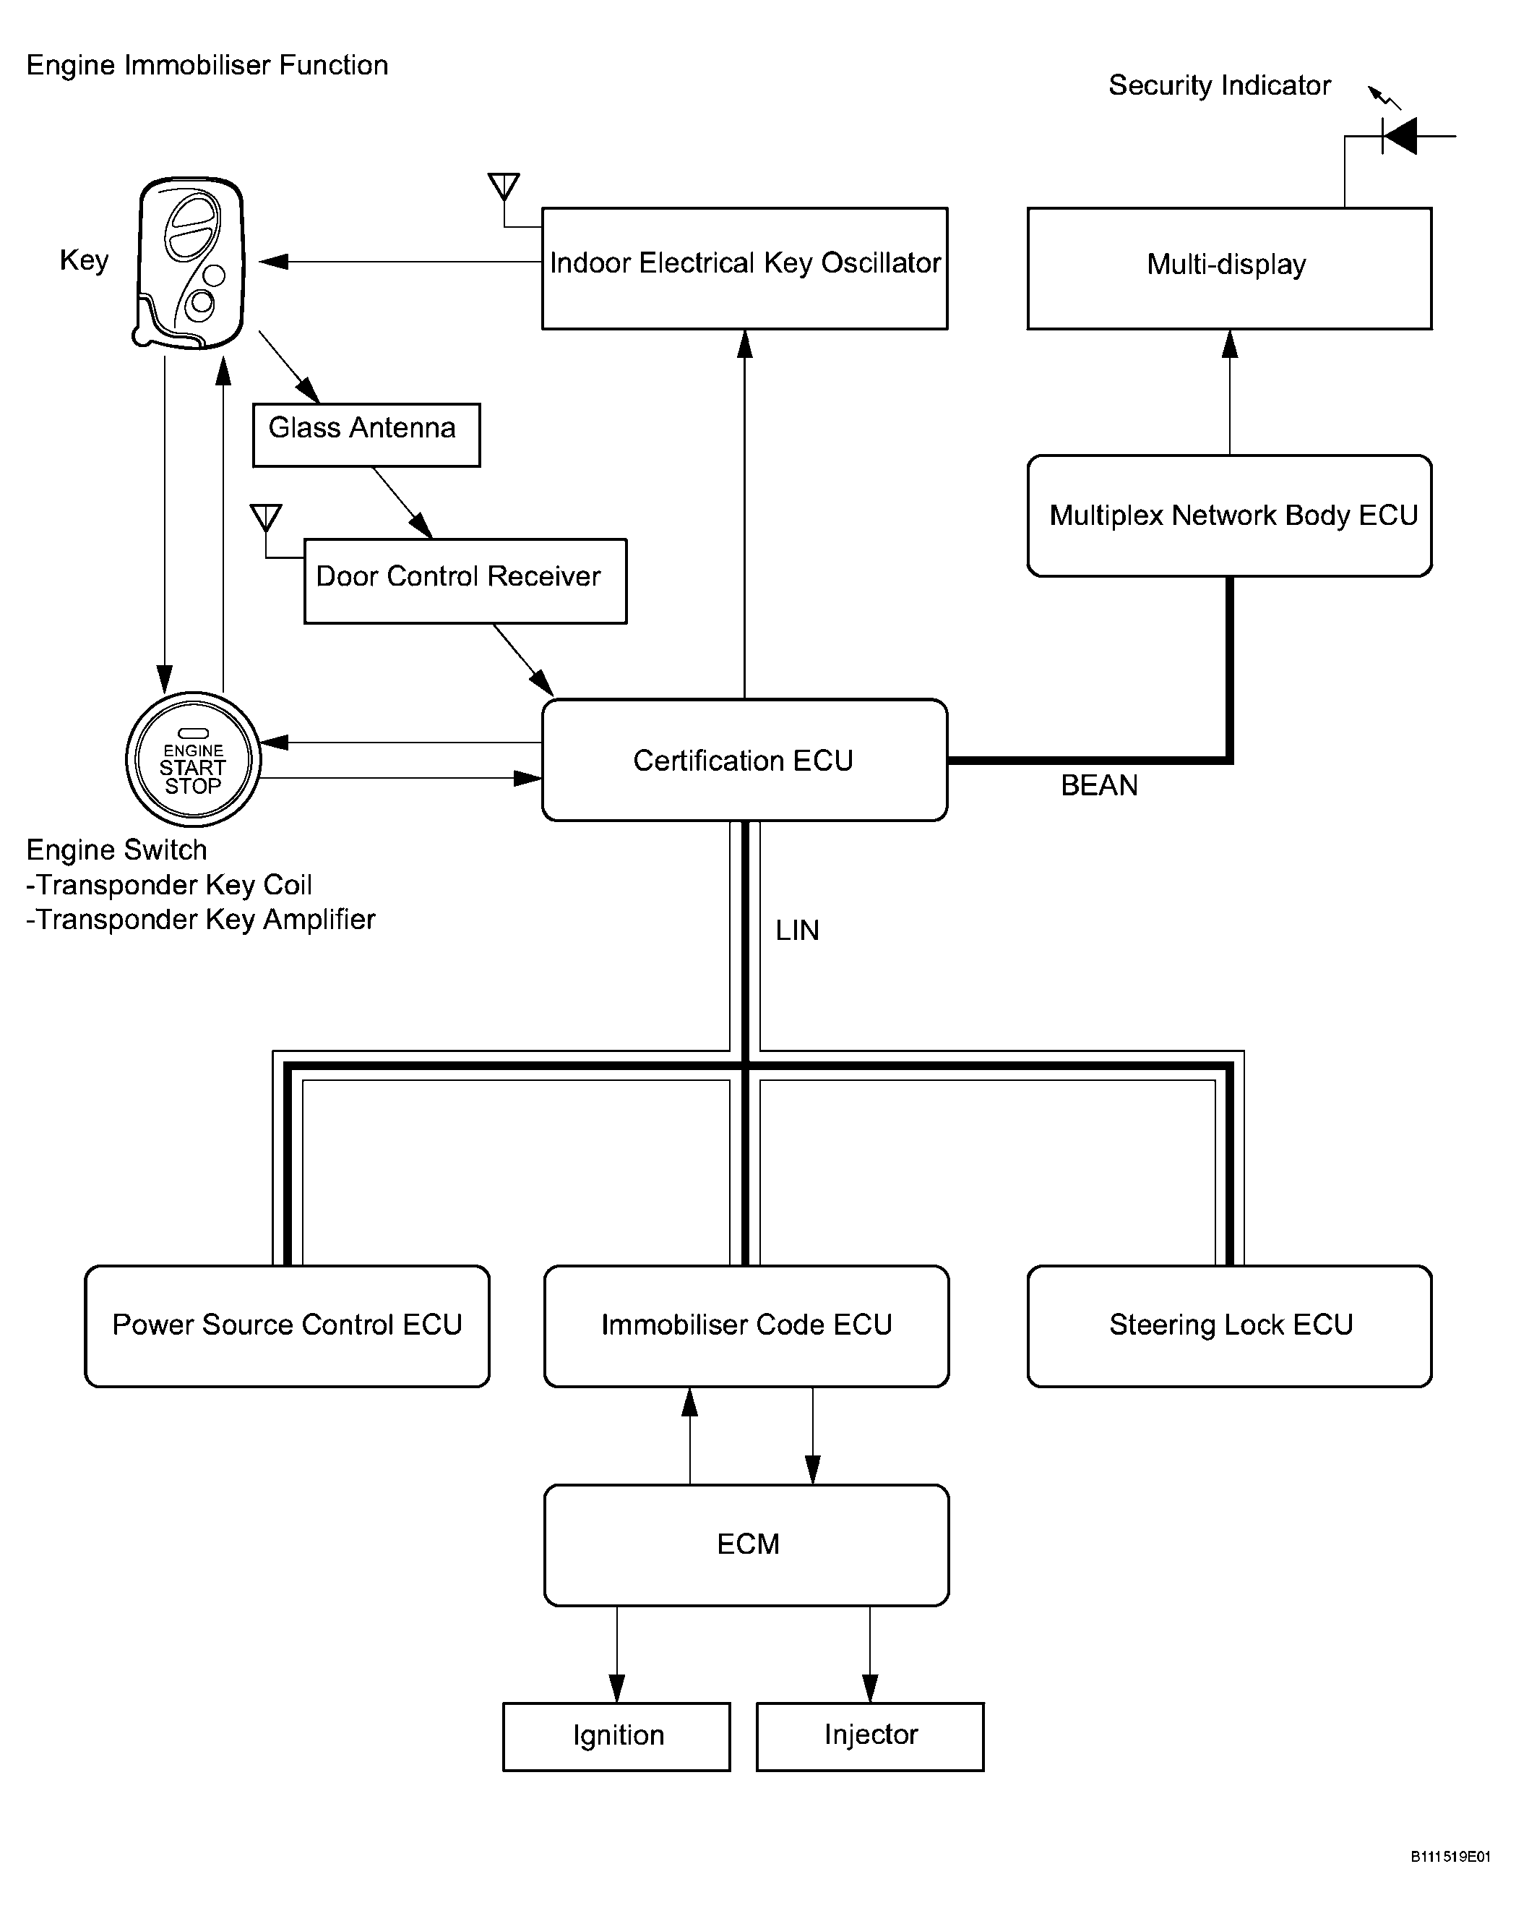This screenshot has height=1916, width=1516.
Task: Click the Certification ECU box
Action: pos(745,760)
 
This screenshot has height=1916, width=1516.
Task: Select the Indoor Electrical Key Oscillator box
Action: pos(745,268)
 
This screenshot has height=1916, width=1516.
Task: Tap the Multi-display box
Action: pos(1229,268)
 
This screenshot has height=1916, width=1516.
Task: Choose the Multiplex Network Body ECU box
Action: pos(1229,516)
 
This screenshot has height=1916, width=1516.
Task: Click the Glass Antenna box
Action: pos(366,435)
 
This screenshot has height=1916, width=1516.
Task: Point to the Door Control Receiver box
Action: pos(465,581)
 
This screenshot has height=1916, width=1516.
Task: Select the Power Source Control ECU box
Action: pos(287,1325)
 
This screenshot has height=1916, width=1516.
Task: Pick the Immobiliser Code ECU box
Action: pos(746,1325)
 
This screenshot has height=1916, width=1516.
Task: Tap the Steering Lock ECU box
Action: pos(1229,1325)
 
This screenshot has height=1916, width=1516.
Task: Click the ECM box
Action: pos(746,1545)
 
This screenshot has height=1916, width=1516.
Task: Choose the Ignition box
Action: pos(617,1737)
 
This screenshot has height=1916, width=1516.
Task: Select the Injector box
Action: pos(870,1737)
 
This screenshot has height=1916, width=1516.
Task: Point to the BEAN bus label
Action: pos(1099,786)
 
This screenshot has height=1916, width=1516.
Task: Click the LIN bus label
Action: pos(797,931)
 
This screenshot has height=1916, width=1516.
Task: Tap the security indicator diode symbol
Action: pos(1399,136)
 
